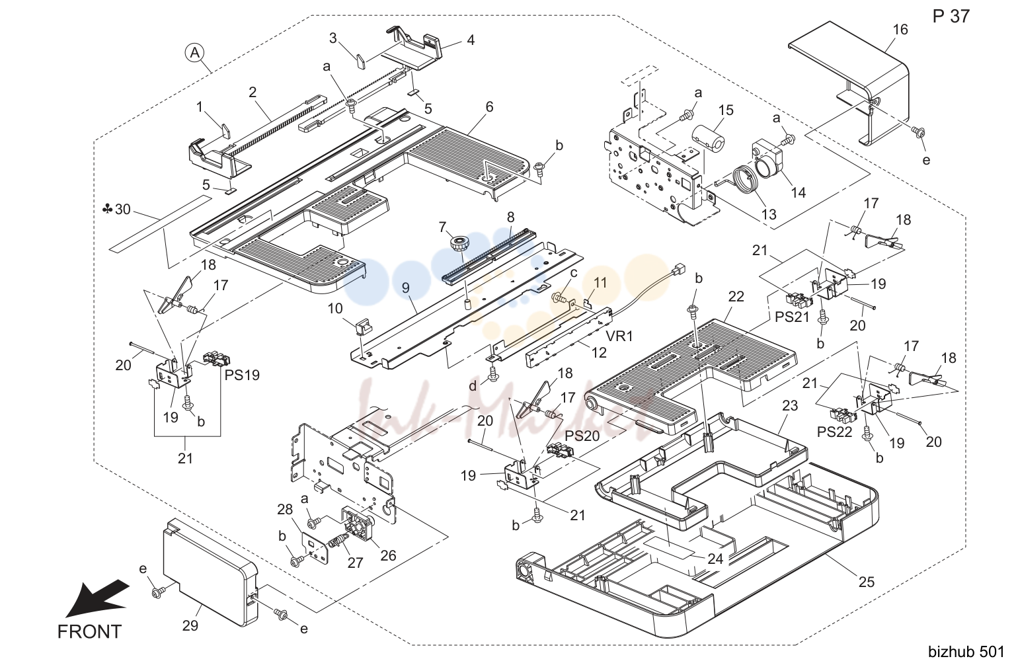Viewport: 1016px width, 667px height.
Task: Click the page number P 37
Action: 951,17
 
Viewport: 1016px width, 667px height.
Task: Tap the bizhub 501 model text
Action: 966,652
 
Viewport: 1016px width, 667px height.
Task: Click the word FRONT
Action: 89,631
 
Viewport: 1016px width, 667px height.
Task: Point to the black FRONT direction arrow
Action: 98,598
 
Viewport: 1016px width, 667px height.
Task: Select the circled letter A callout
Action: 194,53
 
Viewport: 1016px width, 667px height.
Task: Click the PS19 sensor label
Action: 242,375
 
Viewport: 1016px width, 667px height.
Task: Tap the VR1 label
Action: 619,336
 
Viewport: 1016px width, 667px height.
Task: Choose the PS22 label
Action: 835,432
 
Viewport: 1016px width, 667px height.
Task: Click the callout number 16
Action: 900,30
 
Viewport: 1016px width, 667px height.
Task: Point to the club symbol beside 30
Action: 107,209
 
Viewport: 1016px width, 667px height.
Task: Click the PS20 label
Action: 582,436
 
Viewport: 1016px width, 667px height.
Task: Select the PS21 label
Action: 792,317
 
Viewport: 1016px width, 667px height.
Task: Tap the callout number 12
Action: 599,352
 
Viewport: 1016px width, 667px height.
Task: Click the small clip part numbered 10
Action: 364,325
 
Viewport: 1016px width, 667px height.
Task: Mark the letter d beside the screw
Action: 473,386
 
